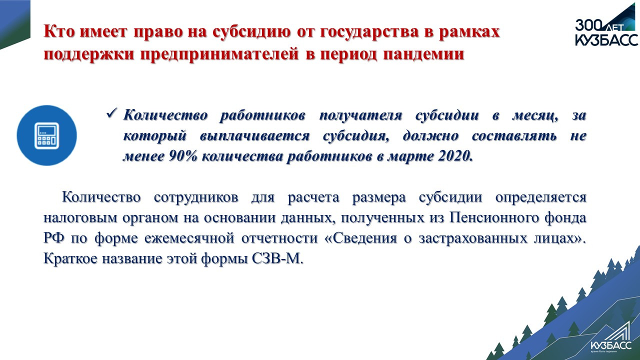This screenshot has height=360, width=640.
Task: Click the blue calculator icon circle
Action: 47,135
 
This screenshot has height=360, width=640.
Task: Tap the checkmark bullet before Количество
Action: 112,113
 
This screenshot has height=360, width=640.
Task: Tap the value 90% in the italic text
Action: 183,156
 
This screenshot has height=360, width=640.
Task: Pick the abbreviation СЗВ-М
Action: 277,259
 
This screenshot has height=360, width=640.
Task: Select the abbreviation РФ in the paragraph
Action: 54,238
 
